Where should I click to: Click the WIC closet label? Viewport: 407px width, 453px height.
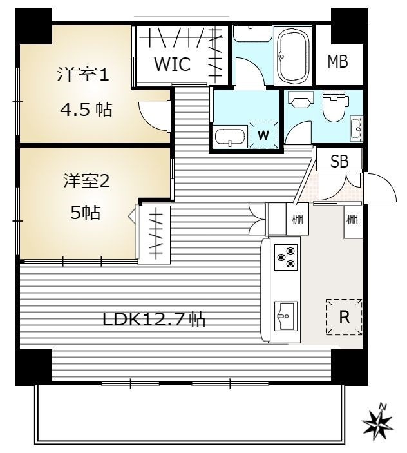173,64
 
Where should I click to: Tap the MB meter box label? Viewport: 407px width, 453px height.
337,61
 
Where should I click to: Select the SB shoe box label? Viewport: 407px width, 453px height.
339,161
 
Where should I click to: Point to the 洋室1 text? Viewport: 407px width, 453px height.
83,74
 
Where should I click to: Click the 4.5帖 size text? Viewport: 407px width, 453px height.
86,110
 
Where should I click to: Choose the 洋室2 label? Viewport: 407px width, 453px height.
86,181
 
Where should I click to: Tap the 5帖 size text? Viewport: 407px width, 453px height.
86,213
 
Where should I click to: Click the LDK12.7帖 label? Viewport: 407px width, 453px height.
154,319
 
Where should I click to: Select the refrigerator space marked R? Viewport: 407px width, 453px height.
344,317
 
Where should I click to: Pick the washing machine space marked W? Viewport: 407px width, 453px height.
263,135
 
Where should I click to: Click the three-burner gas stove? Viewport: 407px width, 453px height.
286,257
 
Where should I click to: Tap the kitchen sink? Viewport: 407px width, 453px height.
286,316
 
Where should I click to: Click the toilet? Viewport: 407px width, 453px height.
334,106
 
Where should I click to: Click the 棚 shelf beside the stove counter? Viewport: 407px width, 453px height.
298,219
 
